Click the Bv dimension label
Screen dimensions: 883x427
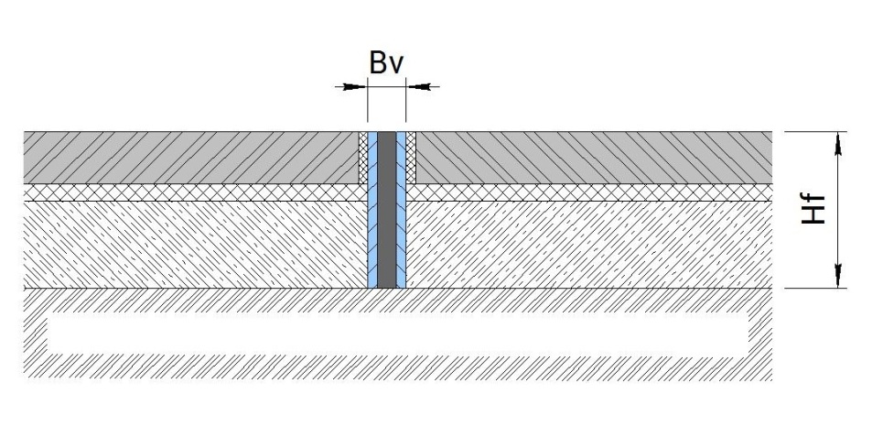(x=386, y=62)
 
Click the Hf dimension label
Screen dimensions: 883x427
(x=813, y=209)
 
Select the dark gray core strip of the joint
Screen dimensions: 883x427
(x=386, y=210)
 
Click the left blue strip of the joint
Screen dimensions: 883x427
(x=372, y=210)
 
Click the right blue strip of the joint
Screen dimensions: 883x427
(x=401, y=210)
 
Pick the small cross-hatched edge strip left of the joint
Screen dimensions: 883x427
(x=364, y=158)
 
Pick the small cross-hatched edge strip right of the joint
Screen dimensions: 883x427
(x=411, y=158)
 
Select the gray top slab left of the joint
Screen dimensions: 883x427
(x=191, y=158)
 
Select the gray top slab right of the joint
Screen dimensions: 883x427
(x=594, y=158)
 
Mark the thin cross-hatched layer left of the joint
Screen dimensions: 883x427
(x=196, y=192)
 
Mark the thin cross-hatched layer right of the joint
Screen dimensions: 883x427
(x=589, y=192)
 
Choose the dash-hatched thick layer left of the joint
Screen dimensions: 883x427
(x=196, y=245)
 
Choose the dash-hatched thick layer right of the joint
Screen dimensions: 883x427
(x=589, y=245)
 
